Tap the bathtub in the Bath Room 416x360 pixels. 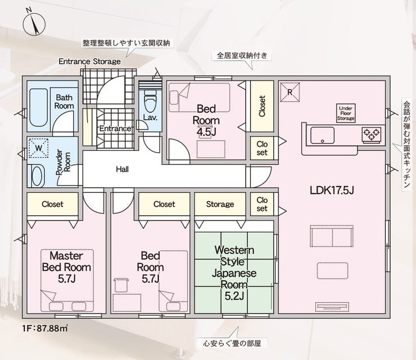[x=38, y=108]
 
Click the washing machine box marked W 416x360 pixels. [x=39, y=147]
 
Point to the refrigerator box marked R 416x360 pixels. [x=290, y=92]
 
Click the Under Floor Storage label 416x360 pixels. [x=346, y=114]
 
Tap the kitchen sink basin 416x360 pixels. [x=322, y=135]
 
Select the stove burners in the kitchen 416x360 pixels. [x=371, y=134]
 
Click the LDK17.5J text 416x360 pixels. [x=332, y=190]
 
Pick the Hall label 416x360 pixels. [x=123, y=169]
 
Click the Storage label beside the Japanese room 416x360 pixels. [x=220, y=204]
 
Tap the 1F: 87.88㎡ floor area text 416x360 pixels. [x=45, y=328]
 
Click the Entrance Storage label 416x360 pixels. [x=90, y=61]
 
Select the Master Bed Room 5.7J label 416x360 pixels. [x=66, y=267]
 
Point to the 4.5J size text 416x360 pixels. [x=206, y=132]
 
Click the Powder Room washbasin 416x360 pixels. [x=37, y=175]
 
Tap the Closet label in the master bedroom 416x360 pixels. [x=52, y=204]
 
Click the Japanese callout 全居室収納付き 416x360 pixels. [x=242, y=56]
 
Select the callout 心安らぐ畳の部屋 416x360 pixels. [x=232, y=344]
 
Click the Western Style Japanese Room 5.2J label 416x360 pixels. [x=234, y=273]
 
